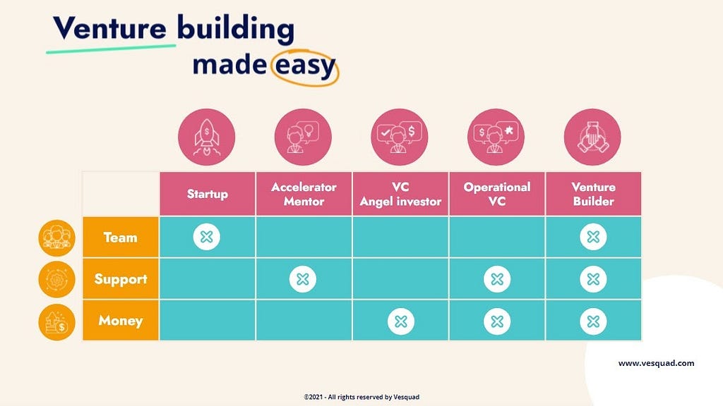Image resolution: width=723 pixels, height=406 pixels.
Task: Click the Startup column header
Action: pyautogui.click(x=208, y=194)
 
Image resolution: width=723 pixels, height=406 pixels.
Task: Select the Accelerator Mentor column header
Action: pyautogui.click(x=304, y=194)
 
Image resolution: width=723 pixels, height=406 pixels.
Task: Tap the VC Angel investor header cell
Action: pyautogui.click(x=400, y=194)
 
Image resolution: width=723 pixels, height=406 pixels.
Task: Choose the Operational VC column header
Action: pyautogui.click(x=497, y=194)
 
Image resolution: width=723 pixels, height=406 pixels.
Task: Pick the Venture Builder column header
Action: pyautogui.click(x=593, y=194)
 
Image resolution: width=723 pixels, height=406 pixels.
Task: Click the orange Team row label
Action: pyautogui.click(x=121, y=237)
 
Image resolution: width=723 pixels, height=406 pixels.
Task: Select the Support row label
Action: pyautogui.click(x=121, y=279)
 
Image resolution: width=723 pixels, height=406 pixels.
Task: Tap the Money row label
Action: pyautogui.click(x=121, y=321)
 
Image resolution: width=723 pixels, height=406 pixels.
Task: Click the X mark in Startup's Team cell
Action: pyautogui.click(x=207, y=237)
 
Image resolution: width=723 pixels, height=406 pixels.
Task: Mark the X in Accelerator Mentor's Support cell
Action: pyautogui.click(x=303, y=279)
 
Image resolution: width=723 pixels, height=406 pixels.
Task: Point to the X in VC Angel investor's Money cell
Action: pyautogui.click(x=401, y=321)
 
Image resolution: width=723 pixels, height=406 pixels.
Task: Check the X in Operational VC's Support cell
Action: pyautogui.click(x=497, y=279)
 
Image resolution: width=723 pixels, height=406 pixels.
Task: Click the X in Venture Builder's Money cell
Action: pyautogui.click(x=593, y=321)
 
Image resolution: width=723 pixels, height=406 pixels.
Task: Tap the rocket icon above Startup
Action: pyautogui.click(x=207, y=137)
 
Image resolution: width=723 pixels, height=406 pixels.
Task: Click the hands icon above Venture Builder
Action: pyautogui.click(x=592, y=137)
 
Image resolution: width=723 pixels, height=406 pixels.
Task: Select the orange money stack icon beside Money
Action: pyautogui.click(x=56, y=321)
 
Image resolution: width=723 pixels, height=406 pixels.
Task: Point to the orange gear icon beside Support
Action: pyautogui.click(x=56, y=279)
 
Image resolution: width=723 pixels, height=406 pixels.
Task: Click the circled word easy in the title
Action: pyautogui.click(x=304, y=66)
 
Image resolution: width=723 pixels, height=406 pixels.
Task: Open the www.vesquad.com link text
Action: pyautogui.click(x=656, y=363)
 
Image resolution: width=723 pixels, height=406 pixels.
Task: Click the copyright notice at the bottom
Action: pyautogui.click(x=361, y=397)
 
